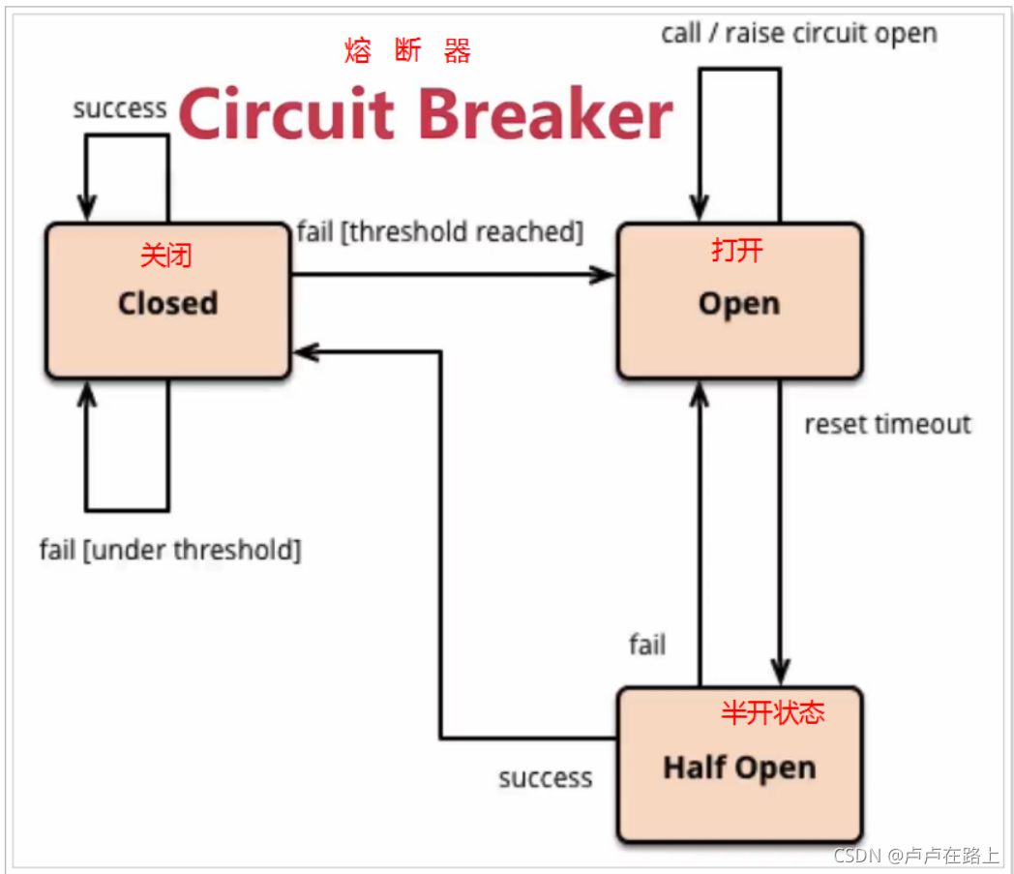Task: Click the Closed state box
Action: [168, 301]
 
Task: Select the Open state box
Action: [740, 301]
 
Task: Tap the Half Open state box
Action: [740, 765]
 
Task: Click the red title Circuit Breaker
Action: [426, 114]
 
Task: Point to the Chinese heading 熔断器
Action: [407, 50]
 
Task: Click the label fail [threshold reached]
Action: [439, 231]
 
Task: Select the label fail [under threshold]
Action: [170, 550]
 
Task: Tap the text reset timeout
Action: [887, 424]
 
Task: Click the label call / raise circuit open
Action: [799, 33]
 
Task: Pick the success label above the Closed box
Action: [120, 108]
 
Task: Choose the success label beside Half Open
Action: [545, 777]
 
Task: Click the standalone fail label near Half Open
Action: [647, 645]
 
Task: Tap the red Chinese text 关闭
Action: [166, 255]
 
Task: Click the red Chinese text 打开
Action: [737, 251]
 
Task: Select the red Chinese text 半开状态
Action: [773, 712]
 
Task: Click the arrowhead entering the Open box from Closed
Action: [604, 275]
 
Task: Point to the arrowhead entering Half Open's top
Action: [781, 673]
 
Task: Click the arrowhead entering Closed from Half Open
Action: [305, 352]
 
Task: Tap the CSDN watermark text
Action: [915, 856]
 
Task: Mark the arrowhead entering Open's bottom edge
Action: [700, 394]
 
